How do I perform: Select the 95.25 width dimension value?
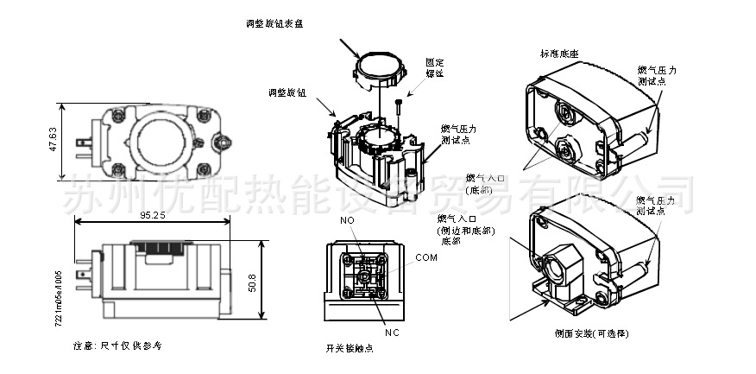click(x=151, y=216)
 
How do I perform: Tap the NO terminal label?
click(x=347, y=222)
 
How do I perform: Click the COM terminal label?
click(x=426, y=257)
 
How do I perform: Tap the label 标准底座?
click(x=559, y=54)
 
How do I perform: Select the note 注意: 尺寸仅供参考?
click(x=117, y=345)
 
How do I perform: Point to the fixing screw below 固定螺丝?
click(x=397, y=109)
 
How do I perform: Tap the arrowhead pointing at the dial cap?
click(x=358, y=55)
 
